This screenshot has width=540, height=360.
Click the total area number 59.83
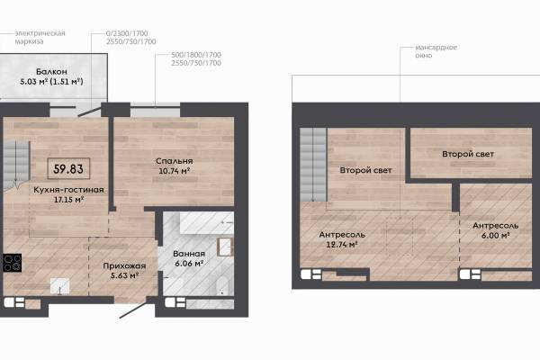pyautogui.click(x=68, y=169)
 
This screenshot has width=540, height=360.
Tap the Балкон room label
pyautogui.click(x=51, y=72)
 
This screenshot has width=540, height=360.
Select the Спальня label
pyautogui.click(x=175, y=161)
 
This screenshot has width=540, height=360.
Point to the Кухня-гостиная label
pyautogui.click(x=68, y=190)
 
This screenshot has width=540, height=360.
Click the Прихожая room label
pyautogui.click(x=124, y=266)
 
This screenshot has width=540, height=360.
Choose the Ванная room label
pyautogui.click(x=189, y=254)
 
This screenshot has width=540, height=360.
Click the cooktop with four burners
pyautogui.click(x=13, y=263)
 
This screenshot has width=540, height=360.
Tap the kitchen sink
pyautogui.click(x=59, y=286)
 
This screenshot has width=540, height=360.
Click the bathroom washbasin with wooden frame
pyautogui.click(x=225, y=247)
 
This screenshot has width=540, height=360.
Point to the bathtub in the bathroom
pyautogui.click(x=207, y=222)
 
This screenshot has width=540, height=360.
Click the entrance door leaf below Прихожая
pyautogui.click(x=134, y=308)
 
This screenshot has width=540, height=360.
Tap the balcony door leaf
pyautogui.click(x=89, y=112)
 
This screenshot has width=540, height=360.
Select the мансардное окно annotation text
pyautogui.click(x=436, y=51)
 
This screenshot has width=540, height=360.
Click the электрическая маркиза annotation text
pyautogui.click(x=40, y=37)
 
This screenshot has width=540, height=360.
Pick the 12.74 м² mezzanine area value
pyautogui.click(x=341, y=245)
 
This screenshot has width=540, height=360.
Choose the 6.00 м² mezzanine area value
pyautogui.click(x=495, y=235)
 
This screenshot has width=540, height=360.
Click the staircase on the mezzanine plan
pyautogui.click(x=313, y=165)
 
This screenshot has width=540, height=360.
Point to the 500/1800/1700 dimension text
pyautogui.click(x=196, y=55)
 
